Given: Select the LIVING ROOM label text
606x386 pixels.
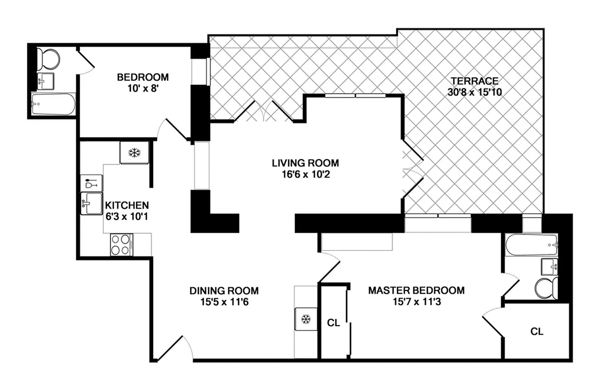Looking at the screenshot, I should coord(305,163).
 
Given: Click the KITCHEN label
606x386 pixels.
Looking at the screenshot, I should coord(127,205).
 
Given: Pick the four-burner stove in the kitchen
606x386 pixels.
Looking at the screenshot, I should coord(122,244).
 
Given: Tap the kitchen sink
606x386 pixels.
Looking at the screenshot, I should coord(92,203).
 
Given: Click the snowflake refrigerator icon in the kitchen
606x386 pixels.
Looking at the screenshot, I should coord(134,153).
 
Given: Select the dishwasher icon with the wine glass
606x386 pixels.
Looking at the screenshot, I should coord(91,183).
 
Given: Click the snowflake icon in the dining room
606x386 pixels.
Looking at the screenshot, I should coord(305,319).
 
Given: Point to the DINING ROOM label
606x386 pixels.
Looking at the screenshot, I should coord(224,290).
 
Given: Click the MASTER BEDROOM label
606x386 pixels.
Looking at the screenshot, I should coord(416,290).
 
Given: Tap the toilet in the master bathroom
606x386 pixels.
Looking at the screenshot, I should coord(546,289).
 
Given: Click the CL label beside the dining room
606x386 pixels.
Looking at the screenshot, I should coord(334,323).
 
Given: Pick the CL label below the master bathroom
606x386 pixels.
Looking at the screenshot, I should coord(536,331).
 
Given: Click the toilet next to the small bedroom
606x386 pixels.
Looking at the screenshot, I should coord(48,58).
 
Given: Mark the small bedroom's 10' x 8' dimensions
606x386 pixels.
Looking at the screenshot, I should coord(143,88).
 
